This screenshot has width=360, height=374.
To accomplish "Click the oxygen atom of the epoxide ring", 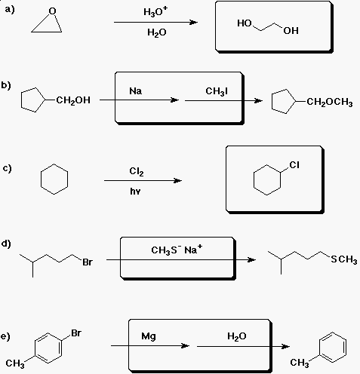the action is point(52,11).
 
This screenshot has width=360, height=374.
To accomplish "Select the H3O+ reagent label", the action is point(155,11).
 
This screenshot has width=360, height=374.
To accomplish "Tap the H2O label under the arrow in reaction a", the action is point(157,32).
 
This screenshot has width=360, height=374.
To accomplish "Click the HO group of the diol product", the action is point(245,23).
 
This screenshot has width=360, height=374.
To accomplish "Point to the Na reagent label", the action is point(136,90).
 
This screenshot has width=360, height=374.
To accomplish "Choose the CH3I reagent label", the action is point(217,91).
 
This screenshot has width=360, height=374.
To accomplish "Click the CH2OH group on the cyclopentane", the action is point(73,100).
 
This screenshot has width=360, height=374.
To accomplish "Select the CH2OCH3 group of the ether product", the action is point(330,102).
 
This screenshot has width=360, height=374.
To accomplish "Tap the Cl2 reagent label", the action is point(137,171).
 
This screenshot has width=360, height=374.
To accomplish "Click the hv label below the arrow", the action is point(135,192).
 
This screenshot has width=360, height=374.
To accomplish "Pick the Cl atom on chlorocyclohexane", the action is point(294,165).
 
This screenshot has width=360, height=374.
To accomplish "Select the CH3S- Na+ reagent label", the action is point(177,250).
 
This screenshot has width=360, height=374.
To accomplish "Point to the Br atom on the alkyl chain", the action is point(88,262).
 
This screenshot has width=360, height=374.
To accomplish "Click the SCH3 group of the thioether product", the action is point(344,259).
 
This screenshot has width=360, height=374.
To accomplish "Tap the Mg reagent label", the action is point(149,336).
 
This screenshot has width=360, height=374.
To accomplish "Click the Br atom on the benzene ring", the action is point(76,333).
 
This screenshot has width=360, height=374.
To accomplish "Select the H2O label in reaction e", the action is point(237,336).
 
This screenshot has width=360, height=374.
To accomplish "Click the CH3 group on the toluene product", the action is point(300,363).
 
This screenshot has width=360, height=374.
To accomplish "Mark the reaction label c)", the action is point(8,168).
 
